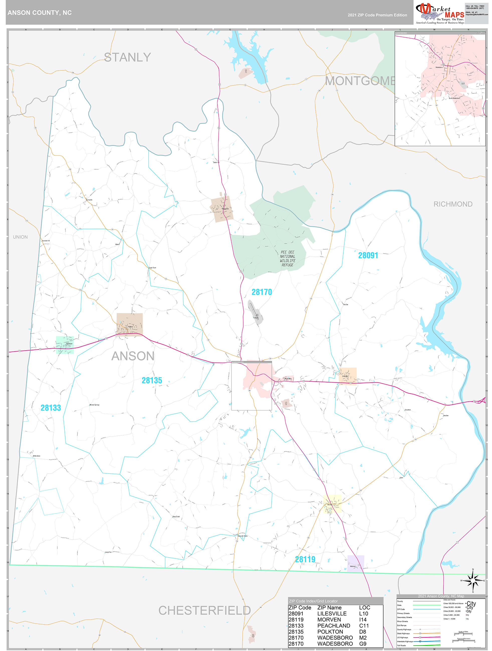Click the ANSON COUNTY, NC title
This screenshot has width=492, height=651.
coord(39,13)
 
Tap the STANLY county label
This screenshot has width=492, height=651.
coord(128,57)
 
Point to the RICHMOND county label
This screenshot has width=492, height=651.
coord(453,204)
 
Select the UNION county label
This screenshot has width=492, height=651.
coord(20,237)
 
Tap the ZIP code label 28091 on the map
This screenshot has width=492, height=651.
coord(368,255)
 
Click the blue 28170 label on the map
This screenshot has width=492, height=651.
coord(262,292)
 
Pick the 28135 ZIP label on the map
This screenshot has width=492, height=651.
coord(152,381)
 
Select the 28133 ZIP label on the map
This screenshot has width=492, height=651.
coord(51,408)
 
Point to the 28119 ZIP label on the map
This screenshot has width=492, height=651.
coord(305,559)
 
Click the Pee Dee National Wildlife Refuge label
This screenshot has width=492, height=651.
coord(287,258)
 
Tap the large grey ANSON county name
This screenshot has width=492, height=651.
coord(133,356)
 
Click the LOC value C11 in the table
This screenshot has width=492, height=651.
coord(364,626)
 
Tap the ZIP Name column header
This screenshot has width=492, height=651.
coord(329,607)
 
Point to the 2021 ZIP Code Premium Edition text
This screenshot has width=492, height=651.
coord(377,15)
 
